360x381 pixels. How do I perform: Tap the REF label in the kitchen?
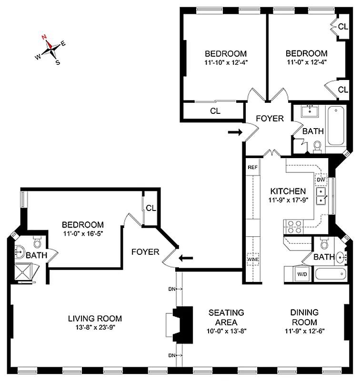pyautogui.click(x=252, y=168)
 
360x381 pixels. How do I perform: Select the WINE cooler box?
pyautogui.click(x=252, y=259)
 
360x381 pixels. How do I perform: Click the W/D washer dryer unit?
pyautogui.click(x=302, y=274)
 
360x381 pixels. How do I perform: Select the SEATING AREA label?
pyautogui.click(x=226, y=317)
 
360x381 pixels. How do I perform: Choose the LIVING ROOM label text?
pyautogui.click(x=95, y=318)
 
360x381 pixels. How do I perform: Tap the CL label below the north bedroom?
pyautogui.click(x=215, y=112)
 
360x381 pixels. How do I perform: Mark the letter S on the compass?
pyautogui.click(x=58, y=62)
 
